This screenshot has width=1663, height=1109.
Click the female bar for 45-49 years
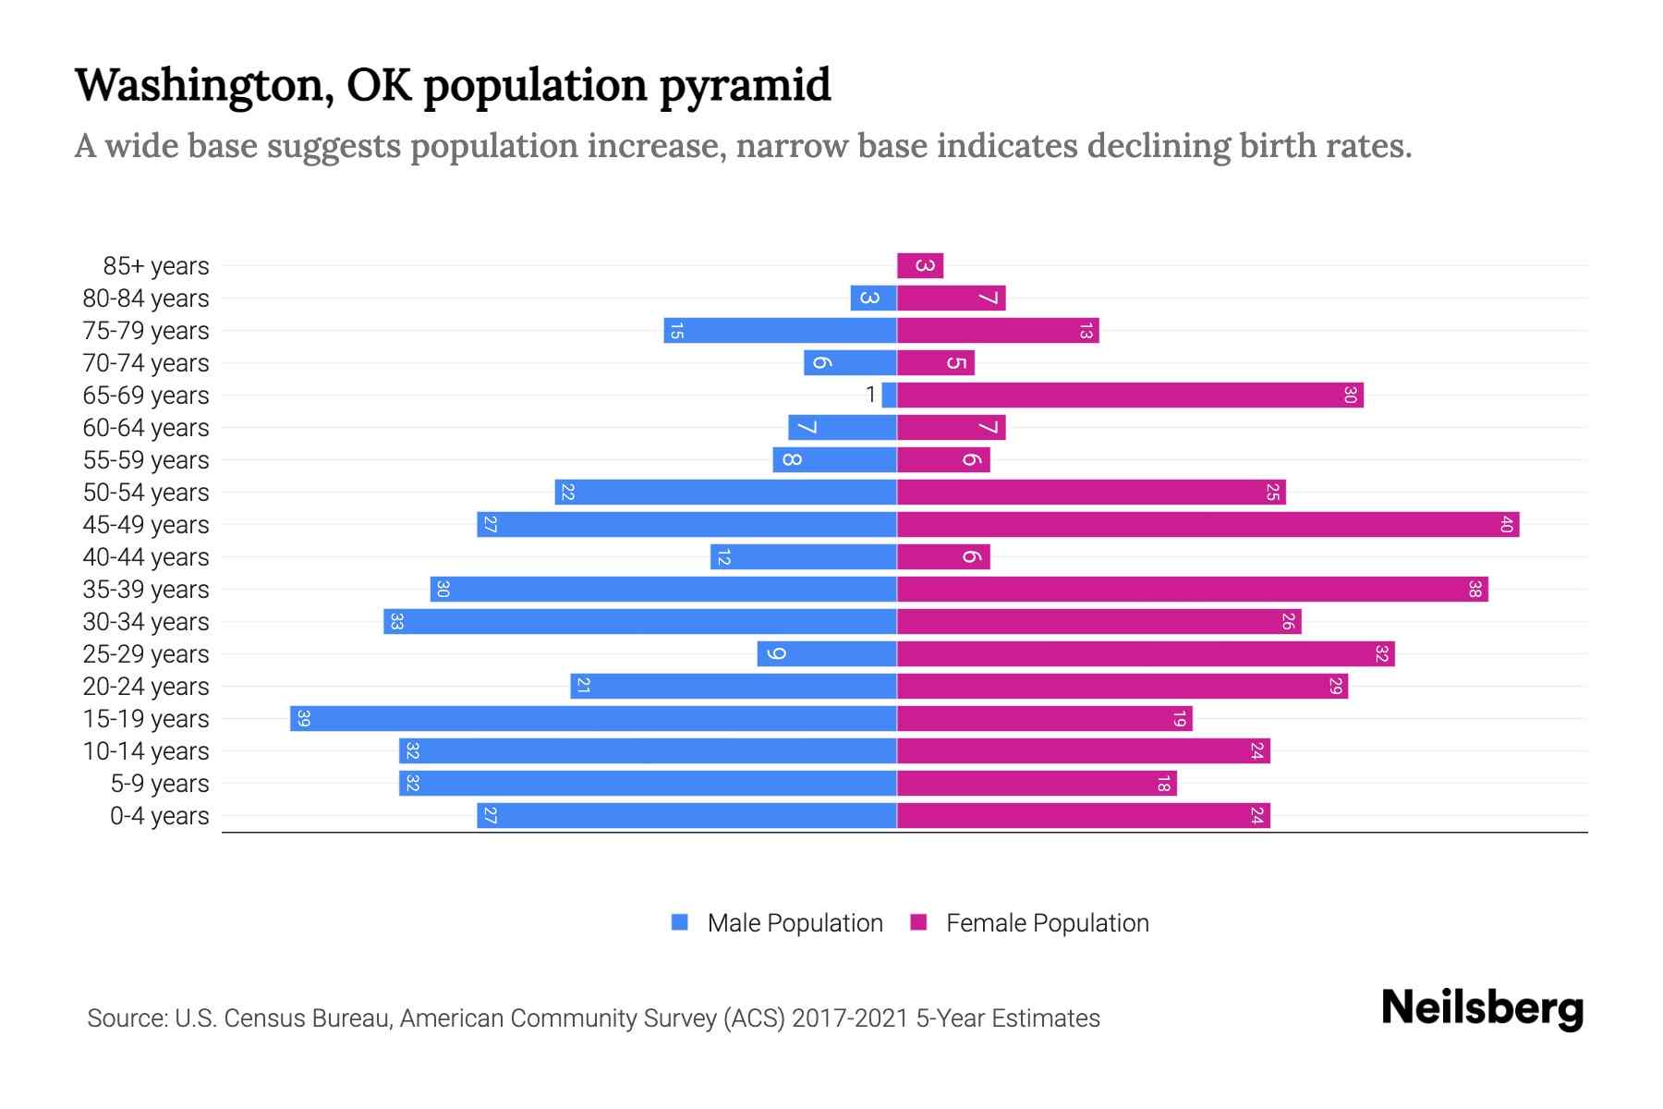point(1208,525)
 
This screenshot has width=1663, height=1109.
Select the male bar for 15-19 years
point(593,719)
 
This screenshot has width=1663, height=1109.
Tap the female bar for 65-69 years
point(1130,396)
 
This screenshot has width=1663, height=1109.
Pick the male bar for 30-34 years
point(640,622)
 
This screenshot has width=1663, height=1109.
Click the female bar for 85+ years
point(920,266)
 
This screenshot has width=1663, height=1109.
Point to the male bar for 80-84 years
point(873,299)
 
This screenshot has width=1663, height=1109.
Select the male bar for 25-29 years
point(827,654)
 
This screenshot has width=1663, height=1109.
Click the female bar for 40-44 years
point(943,557)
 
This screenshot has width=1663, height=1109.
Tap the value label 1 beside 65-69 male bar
point(870,396)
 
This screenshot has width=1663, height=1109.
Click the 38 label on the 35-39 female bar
point(1475,590)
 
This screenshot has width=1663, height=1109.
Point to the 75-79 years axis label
point(146,331)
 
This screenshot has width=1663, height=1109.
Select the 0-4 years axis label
point(159,816)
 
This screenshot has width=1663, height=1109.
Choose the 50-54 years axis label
point(146,493)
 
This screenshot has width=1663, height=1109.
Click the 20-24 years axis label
point(146,687)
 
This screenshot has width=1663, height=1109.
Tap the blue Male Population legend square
point(680,922)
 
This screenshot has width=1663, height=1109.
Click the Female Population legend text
point(1047,923)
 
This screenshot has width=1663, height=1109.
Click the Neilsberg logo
point(1482,1008)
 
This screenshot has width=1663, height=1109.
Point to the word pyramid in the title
point(745,85)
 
